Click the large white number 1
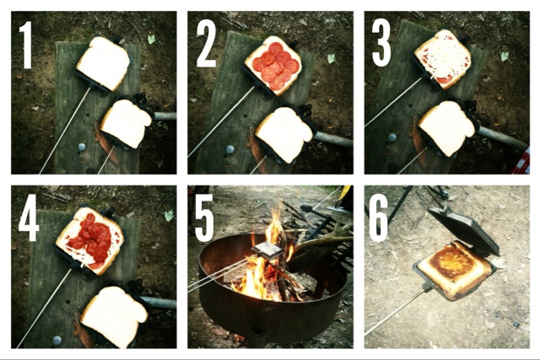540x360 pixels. pyautogui.click(x=26, y=45)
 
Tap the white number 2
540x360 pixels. pyautogui.click(x=206, y=45)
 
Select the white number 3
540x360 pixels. pyautogui.click(x=381, y=44)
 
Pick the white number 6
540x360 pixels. pyautogui.click(x=379, y=218)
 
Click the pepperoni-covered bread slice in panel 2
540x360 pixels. pyautogui.click(x=273, y=65)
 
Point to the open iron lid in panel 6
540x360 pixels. pyautogui.click(x=463, y=228)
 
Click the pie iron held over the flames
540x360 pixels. pyautogui.click(x=267, y=250)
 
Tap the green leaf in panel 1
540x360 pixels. pyautogui.click(x=152, y=39)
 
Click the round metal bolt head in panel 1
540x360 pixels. pyautogui.click(x=82, y=147)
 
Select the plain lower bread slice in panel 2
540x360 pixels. pyautogui.click(x=284, y=134)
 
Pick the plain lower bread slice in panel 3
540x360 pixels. pyautogui.click(x=447, y=127)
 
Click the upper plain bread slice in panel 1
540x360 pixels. pyautogui.click(x=103, y=63)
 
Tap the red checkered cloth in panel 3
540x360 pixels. pyautogui.click(x=521, y=161)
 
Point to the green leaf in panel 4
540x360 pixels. pyautogui.click(x=169, y=216)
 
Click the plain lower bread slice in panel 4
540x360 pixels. pyautogui.click(x=115, y=316)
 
